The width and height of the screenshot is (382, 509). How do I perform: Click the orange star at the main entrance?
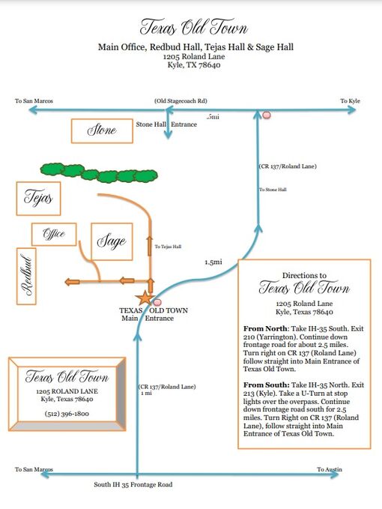[x=145, y=298]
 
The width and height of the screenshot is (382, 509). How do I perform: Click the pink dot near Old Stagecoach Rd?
[x=267, y=115]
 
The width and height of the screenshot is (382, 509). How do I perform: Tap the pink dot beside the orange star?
[x=157, y=303]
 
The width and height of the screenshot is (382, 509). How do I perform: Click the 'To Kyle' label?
[x=351, y=101]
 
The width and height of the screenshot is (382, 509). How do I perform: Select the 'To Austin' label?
[x=330, y=469]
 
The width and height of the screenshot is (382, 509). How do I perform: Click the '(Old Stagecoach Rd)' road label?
[x=181, y=101]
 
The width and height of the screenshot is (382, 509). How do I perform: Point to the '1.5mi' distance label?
[x=213, y=262]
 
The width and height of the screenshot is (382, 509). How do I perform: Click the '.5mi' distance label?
[x=213, y=117]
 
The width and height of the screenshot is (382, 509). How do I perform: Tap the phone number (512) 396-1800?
[x=67, y=414]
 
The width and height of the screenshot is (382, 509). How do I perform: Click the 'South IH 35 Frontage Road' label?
[x=133, y=484]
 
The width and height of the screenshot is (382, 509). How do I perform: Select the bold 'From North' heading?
[x=265, y=328]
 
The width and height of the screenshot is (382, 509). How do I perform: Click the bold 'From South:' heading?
[x=266, y=385]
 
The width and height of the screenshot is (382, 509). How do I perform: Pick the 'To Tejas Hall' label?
[x=168, y=247]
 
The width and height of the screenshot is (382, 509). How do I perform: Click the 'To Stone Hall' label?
[x=273, y=190]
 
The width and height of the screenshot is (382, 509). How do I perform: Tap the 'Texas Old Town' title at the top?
[x=194, y=27]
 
